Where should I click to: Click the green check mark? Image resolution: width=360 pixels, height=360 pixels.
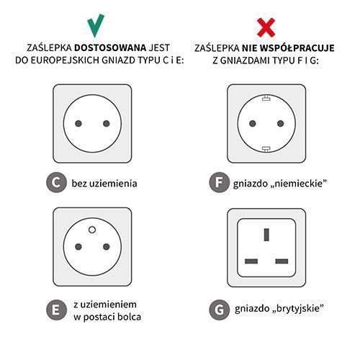94,24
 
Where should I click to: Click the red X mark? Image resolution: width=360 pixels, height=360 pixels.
266,27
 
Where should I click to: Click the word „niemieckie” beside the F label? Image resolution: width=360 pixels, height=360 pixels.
300,183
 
